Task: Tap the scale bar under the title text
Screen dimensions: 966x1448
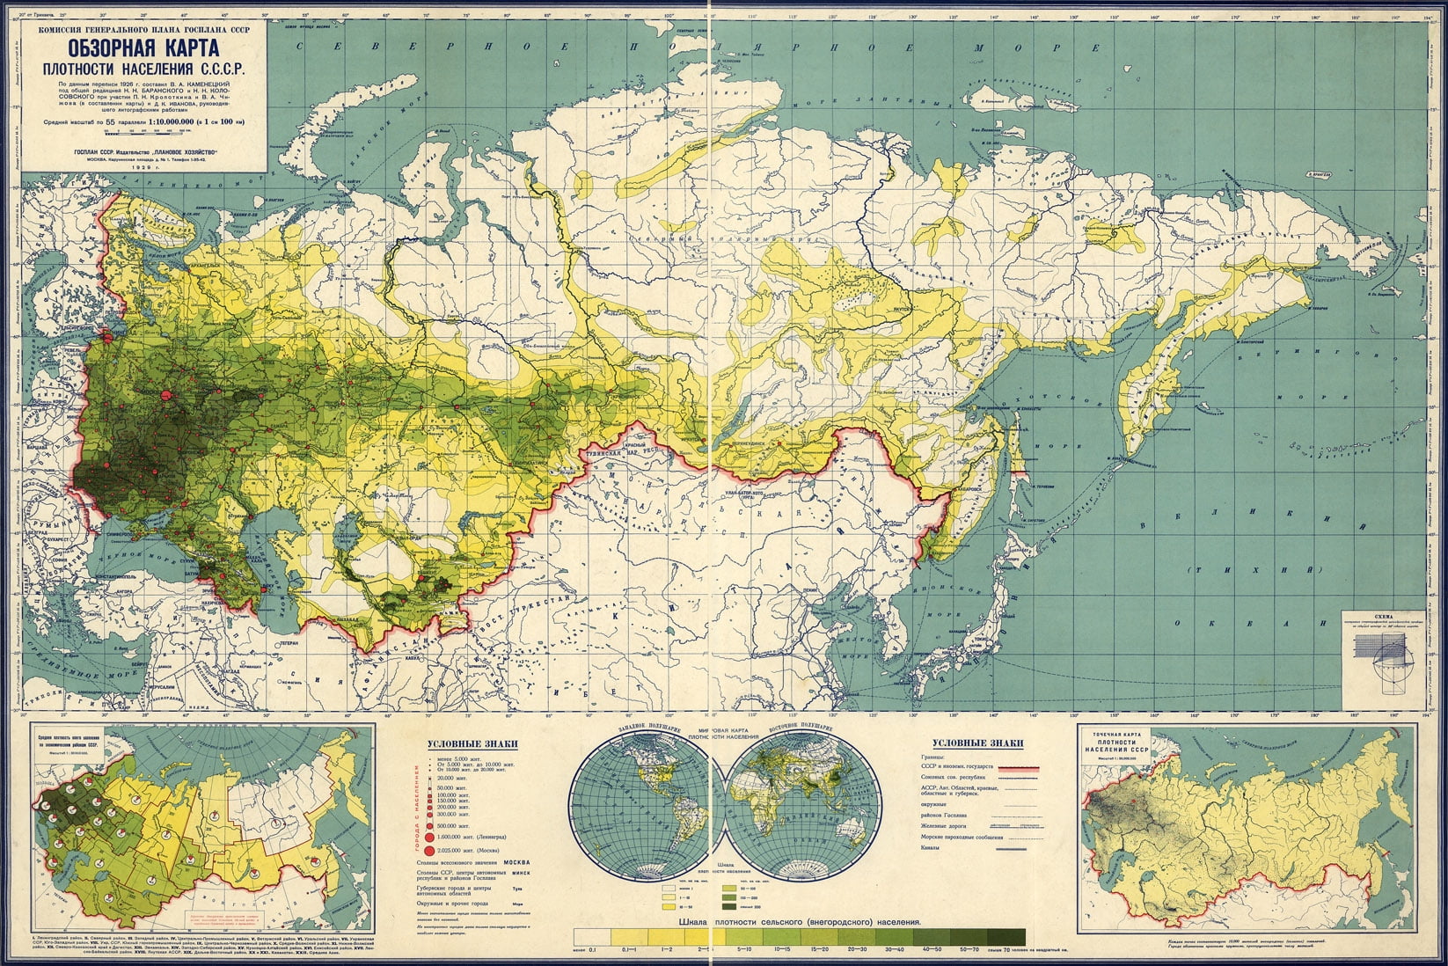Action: point(146,132)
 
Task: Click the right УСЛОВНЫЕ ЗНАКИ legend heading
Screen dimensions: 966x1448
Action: point(978,743)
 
